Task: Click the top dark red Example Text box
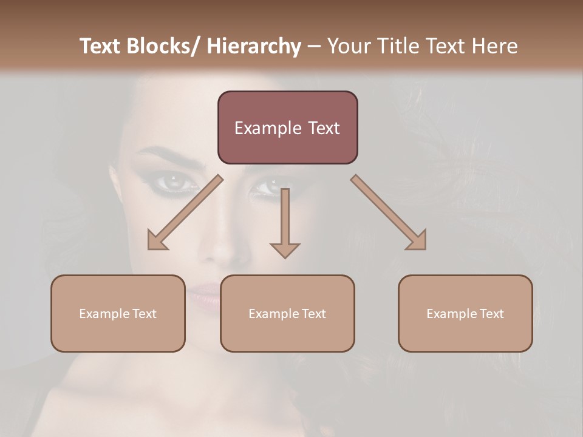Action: click(287, 127)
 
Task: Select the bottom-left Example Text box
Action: click(118, 313)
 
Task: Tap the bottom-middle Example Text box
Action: click(287, 313)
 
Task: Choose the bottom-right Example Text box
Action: click(465, 313)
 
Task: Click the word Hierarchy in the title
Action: click(254, 46)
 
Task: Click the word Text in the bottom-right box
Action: click(491, 313)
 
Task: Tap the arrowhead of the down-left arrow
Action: click(157, 241)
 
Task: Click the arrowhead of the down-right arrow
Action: click(417, 241)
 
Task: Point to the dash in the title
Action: click(314, 46)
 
